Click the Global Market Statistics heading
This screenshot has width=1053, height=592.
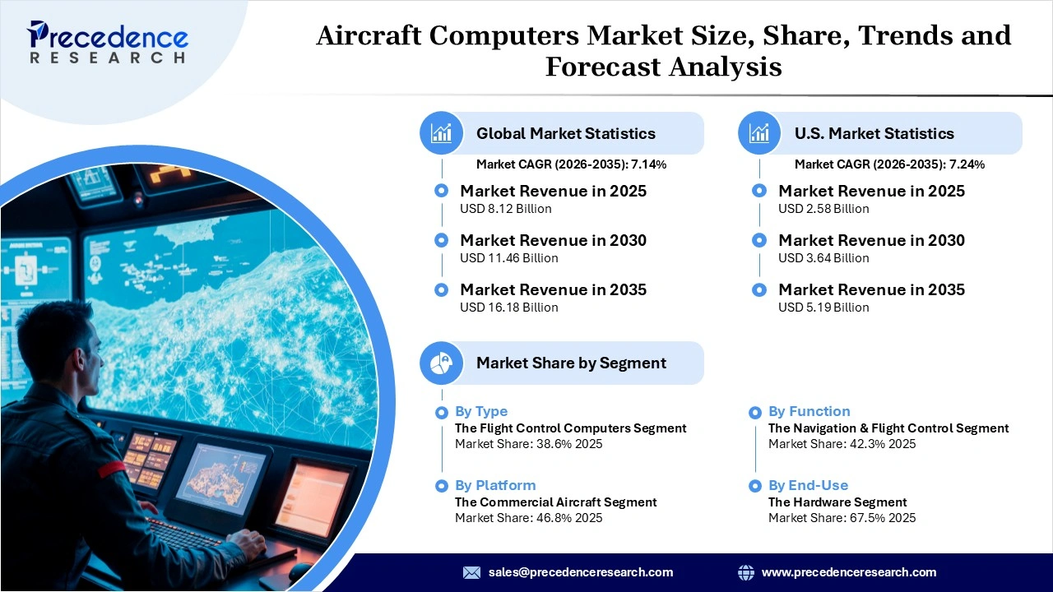(565, 133)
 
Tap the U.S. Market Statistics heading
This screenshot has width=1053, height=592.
(874, 133)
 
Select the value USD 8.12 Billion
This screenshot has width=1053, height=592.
(505, 209)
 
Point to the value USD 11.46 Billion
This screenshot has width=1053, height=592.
(508, 258)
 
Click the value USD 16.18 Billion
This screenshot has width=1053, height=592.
(508, 308)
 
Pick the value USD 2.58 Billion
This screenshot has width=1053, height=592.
(823, 209)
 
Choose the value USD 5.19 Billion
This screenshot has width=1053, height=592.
(823, 308)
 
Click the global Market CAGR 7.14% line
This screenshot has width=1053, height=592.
(571, 164)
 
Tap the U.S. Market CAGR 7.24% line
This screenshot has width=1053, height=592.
(889, 164)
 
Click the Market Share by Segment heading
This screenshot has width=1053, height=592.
(571, 363)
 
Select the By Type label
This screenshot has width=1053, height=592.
(481, 411)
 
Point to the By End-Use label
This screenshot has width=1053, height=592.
(808, 485)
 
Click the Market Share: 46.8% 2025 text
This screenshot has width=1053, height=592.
(528, 518)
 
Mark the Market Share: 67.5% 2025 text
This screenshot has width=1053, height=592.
(842, 518)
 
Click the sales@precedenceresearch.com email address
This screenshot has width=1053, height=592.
(580, 572)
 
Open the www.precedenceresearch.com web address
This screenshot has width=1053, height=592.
(848, 572)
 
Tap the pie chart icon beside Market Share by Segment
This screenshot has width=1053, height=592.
(442, 363)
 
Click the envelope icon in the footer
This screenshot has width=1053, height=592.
(471, 572)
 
